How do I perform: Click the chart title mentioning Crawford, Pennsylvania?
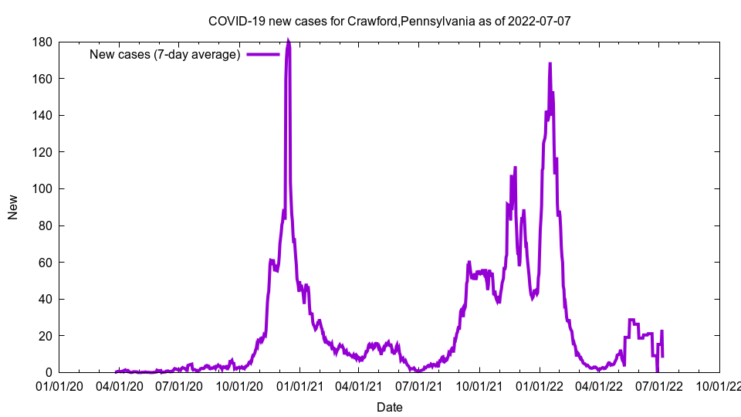(389, 21)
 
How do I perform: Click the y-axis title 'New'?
(13, 207)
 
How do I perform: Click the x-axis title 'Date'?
(389, 407)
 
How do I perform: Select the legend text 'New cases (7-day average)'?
(165, 54)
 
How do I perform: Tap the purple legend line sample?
(262, 54)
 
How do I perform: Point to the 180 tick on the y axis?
(42, 42)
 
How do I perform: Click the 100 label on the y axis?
(42, 189)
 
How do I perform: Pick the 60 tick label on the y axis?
(45, 263)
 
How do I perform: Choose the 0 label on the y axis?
(48, 373)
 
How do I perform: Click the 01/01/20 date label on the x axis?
(59, 385)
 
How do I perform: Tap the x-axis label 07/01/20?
(179, 385)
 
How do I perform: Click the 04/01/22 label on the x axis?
(597, 385)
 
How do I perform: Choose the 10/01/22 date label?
(719, 385)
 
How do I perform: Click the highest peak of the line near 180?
(288, 42)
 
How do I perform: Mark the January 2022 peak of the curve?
(550, 64)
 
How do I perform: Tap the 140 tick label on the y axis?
(42, 116)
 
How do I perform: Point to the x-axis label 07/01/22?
(658, 385)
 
